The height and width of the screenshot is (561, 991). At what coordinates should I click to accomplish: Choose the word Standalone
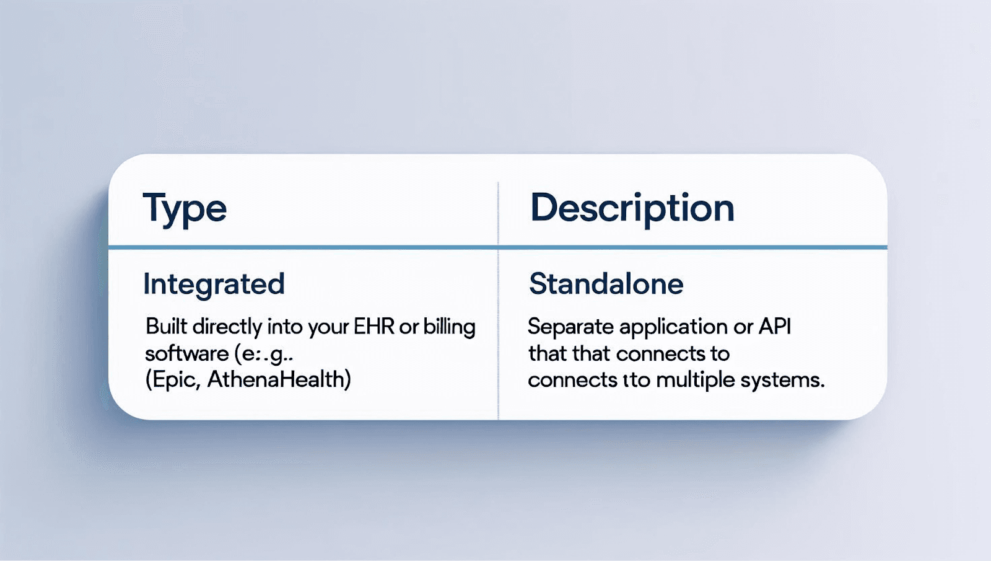[x=606, y=284]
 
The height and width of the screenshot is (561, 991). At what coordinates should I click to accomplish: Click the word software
[x=186, y=354]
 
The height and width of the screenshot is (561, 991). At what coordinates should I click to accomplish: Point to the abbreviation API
[x=774, y=327]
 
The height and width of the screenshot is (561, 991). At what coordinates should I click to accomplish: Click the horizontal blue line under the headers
[x=498, y=247]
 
